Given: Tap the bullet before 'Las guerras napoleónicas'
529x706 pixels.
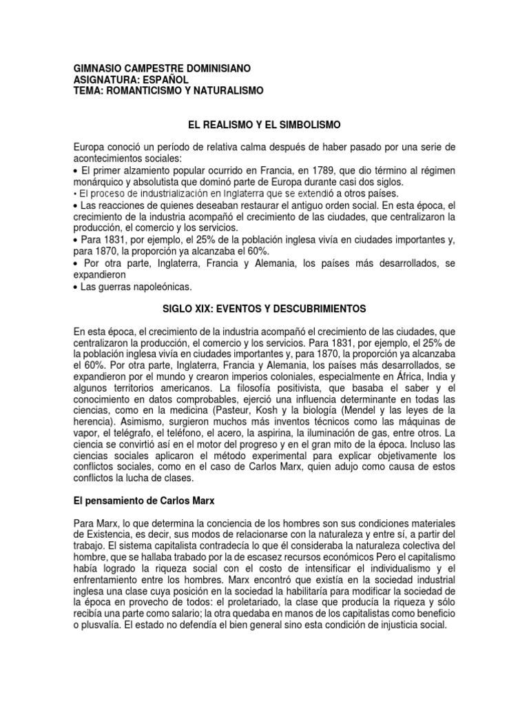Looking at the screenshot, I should [75, 286].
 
